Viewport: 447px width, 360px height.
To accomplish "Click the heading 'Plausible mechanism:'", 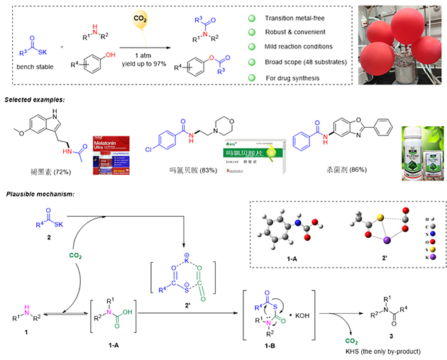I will click(x=43, y=194).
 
